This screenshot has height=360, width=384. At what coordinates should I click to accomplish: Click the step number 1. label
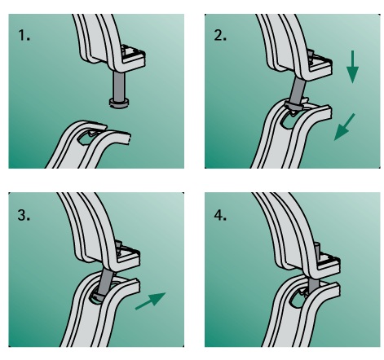24,36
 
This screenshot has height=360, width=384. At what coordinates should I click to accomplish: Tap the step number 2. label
220,35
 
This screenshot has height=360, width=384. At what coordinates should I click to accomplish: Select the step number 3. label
24,215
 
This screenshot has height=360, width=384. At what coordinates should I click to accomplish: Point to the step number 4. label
220,215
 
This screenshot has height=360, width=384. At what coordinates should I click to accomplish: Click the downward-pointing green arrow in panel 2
352,67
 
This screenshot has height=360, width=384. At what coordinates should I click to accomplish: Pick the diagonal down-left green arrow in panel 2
344,127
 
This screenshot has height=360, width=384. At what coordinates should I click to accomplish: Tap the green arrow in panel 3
151,301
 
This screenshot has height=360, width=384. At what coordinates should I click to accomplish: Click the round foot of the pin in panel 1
119,103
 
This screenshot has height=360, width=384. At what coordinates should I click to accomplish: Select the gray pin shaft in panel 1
118,85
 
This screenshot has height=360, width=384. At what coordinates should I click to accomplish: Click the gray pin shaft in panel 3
106,283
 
